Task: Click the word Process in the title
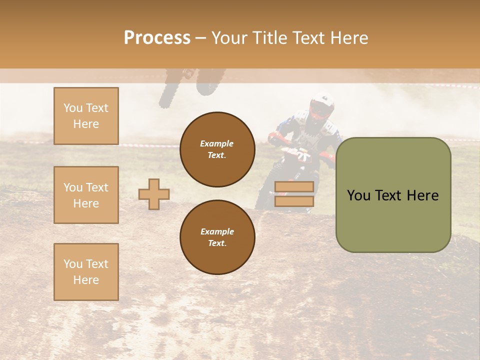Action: (x=157, y=38)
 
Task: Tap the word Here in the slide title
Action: (x=346, y=38)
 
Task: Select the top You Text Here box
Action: (x=86, y=116)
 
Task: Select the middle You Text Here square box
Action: (x=86, y=195)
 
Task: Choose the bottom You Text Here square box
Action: (x=86, y=271)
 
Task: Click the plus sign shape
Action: (x=154, y=194)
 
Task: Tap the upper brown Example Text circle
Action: (x=217, y=149)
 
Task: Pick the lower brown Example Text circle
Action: (x=217, y=237)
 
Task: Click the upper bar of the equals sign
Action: (x=294, y=186)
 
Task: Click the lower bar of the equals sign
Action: (x=294, y=201)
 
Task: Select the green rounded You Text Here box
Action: (x=393, y=195)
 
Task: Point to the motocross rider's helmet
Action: (x=321, y=106)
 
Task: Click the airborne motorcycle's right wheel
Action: (x=207, y=82)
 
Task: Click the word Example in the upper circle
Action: (x=217, y=143)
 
